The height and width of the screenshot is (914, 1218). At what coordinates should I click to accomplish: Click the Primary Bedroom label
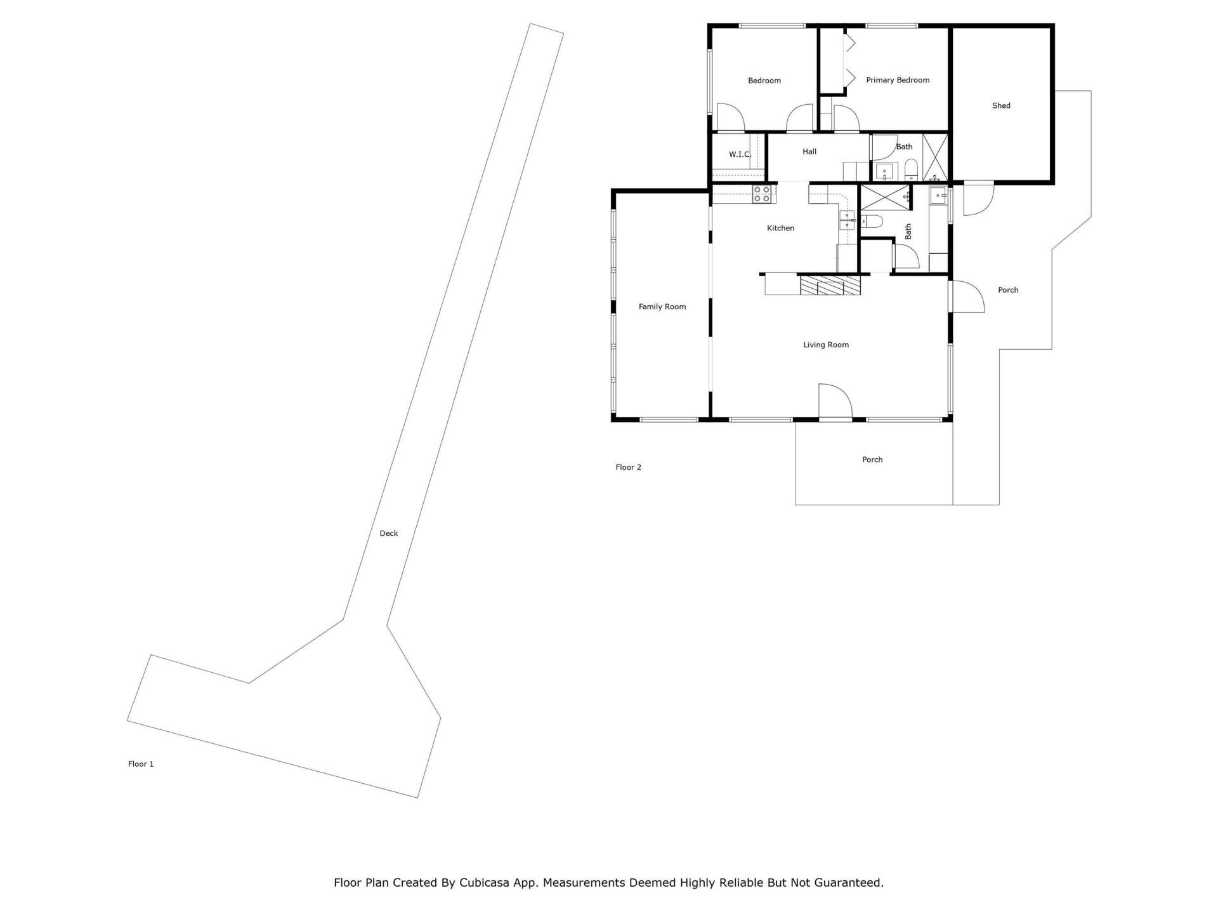[x=898, y=80]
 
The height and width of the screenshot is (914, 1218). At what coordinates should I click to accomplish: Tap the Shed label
[x=1001, y=106]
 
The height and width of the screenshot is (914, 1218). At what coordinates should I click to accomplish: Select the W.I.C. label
[x=740, y=154]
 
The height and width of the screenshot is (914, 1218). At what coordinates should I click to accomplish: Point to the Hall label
[x=809, y=152]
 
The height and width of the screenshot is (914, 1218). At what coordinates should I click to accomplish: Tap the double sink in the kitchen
[x=847, y=220]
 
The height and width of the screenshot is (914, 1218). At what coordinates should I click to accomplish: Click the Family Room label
[x=662, y=307]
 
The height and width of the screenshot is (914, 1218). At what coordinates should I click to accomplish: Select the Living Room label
[x=825, y=345]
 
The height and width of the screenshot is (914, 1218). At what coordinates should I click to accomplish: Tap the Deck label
[x=388, y=533]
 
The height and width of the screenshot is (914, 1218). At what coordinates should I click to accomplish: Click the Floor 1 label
[x=141, y=764]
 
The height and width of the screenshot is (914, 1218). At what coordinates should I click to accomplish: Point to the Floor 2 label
[x=628, y=467]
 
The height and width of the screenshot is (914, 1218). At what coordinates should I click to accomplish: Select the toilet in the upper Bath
[x=911, y=169]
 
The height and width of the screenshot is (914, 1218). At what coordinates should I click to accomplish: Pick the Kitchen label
[x=780, y=228]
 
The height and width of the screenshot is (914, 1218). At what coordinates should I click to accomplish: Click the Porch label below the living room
[x=872, y=460]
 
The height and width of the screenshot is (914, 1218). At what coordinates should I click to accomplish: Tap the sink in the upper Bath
[x=884, y=171]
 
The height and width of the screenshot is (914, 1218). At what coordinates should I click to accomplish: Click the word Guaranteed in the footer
[x=848, y=883]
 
